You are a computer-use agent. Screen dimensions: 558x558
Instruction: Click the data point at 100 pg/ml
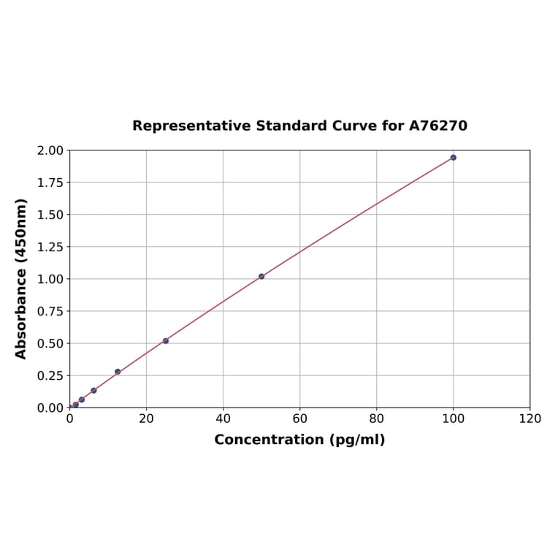[453, 157]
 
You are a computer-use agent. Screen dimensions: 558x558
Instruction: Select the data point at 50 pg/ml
[261, 276]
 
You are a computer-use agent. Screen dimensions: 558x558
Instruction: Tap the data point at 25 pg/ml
[166, 340]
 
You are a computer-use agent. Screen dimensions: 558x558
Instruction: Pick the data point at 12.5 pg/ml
[118, 372]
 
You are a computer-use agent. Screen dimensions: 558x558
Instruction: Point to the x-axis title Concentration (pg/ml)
[299, 440]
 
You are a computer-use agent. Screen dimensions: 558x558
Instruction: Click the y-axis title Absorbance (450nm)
[21, 278]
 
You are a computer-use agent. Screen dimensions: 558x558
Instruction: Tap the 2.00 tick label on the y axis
[51, 150]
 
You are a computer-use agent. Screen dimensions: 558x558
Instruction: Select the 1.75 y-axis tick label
[51, 183]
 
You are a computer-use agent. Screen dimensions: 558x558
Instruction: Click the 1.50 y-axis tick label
[51, 215]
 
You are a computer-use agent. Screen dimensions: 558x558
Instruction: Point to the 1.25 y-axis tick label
[51, 247]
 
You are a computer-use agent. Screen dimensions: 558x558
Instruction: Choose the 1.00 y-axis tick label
[51, 279]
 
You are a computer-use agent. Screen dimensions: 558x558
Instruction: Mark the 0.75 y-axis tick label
[51, 311]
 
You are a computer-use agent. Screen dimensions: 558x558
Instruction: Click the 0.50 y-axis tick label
[51, 343]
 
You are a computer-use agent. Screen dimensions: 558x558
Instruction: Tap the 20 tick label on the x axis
[146, 418]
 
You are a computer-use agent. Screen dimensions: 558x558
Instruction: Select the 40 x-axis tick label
[223, 418]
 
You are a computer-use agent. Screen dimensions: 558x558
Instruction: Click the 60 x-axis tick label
[299, 418]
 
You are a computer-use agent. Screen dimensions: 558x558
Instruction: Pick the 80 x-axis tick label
[376, 418]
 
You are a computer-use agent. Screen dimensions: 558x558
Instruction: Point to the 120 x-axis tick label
[530, 418]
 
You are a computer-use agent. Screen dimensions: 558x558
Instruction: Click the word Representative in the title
[191, 126]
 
